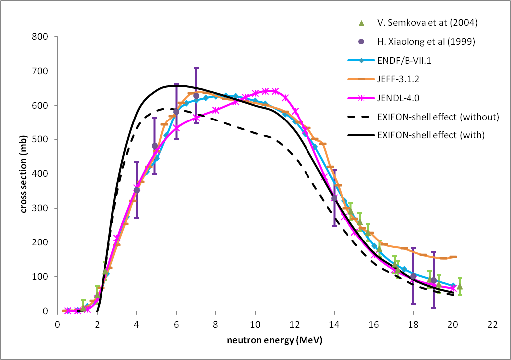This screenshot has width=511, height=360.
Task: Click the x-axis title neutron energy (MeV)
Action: [x=275, y=341]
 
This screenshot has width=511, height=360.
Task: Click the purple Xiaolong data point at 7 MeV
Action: [x=196, y=96]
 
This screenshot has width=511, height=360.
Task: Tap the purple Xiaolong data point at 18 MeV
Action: [x=413, y=276]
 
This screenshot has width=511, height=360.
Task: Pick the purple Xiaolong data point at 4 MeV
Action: [x=137, y=190]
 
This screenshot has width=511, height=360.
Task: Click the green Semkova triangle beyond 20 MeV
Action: [x=460, y=286]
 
